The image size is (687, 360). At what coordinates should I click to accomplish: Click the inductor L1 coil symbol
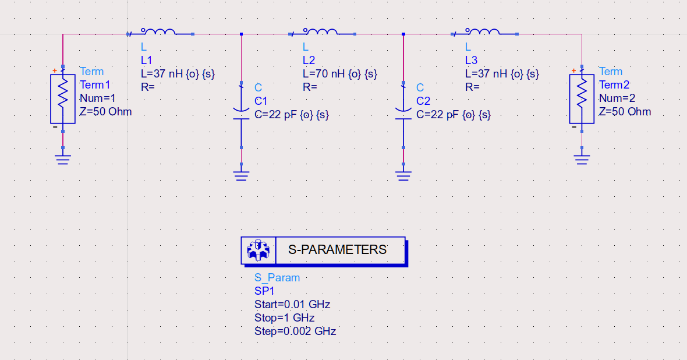(x=158, y=32)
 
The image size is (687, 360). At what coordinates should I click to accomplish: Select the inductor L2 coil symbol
(x=320, y=32)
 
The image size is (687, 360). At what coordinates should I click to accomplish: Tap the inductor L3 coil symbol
(x=483, y=32)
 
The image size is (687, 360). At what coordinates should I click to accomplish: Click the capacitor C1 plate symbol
(x=241, y=114)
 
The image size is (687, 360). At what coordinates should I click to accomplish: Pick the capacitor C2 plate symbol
(x=403, y=114)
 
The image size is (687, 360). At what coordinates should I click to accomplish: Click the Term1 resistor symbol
(x=63, y=98)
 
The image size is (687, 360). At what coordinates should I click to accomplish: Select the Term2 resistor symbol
(x=582, y=98)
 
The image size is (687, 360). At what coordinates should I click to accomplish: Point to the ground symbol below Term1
(x=63, y=159)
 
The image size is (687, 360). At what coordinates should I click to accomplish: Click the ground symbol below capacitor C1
(x=241, y=174)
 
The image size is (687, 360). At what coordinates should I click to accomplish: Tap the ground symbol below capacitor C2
(x=403, y=174)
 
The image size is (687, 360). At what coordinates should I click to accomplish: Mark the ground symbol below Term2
(x=582, y=159)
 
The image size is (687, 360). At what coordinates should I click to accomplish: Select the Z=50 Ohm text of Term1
(x=106, y=112)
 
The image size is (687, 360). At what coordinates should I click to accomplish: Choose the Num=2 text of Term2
(x=617, y=98)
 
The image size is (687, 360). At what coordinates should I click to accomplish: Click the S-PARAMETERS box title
(x=338, y=250)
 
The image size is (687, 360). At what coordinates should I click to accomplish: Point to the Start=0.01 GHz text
(x=292, y=305)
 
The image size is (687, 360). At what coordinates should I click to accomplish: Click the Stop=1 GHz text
(x=284, y=318)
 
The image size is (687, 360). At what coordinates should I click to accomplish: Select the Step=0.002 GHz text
(x=295, y=331)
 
